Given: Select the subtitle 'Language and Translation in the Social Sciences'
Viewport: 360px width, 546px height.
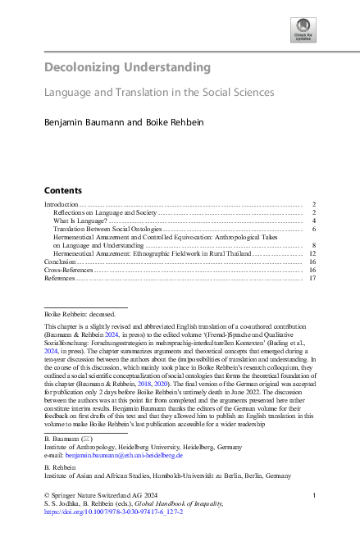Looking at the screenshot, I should (159, 93).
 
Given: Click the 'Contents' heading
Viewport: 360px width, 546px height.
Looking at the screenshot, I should (62, 189).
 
